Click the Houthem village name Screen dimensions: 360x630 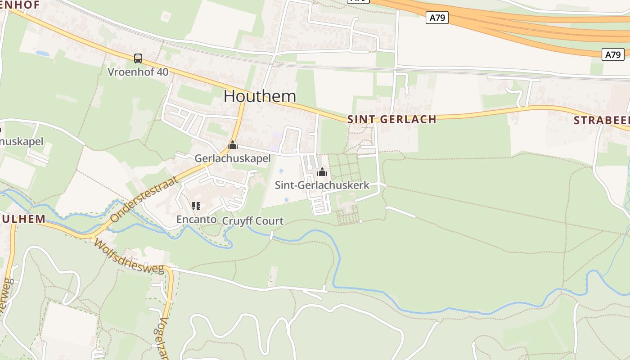coord(260,96)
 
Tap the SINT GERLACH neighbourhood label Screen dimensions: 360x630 coord(391,119)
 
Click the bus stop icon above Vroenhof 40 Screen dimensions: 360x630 coord(138,58)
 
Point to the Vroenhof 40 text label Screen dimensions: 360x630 coord(138,72)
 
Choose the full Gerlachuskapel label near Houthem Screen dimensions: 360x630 coord(233,158)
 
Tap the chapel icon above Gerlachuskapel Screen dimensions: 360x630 coord(233,145)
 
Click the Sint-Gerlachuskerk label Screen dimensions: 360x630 coord(322,185)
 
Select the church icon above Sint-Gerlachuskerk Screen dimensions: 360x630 coord(322,172)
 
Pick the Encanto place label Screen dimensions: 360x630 coord(196,220)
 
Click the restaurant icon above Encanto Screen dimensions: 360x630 coord(196,206)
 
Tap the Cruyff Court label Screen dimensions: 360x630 coord(253,221)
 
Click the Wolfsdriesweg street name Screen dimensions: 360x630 coord(129,256)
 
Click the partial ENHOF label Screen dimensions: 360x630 coord(20,5)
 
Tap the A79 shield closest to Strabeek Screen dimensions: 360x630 coord(613,55)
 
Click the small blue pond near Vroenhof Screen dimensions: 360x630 coord(43,54)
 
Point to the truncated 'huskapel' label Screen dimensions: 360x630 coord(22,141)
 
